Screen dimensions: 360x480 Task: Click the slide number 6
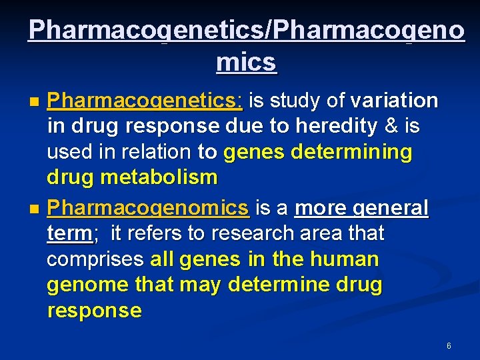tap(449, 346)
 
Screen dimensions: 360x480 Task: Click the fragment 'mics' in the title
tap(246, 62)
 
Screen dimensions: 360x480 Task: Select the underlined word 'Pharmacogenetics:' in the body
tap(146, 101)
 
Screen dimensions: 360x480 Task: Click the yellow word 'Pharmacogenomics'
tap(148, 208)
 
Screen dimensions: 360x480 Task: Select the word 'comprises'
tap(95, 259)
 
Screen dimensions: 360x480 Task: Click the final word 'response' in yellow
tap(94, 310)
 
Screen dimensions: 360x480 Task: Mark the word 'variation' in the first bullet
tap(394, 101)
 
